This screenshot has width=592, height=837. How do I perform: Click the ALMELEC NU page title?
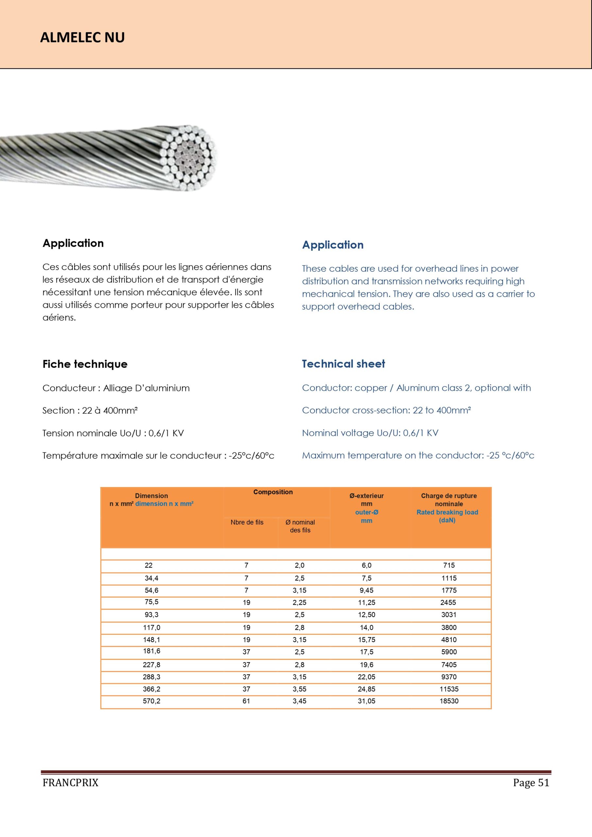[82, 38]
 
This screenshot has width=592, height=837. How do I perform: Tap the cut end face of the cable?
[189, 158]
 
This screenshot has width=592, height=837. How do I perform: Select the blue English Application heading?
[333, 245]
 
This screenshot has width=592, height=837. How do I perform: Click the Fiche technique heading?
[85, 364]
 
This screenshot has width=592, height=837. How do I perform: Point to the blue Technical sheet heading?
[343, 364]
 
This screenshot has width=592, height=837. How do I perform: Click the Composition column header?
[273, 492]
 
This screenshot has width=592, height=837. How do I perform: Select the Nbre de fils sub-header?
[247, 522]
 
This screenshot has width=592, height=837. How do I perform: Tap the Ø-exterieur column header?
[367, 496]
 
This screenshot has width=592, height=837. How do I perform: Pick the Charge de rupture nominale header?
[449, 500]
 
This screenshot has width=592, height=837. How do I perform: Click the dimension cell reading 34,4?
[151, 578]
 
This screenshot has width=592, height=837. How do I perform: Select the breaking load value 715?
[449, 565]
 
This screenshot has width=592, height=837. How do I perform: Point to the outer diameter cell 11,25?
[367, 603]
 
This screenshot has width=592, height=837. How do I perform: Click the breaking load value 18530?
[449, 701]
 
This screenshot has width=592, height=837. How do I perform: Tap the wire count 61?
[247, 701]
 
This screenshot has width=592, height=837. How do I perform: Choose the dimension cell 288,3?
[151, 677]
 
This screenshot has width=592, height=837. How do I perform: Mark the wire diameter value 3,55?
[300, 689]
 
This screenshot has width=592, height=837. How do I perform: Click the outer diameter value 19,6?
[367, 665]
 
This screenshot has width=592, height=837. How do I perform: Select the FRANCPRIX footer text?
[70, 783]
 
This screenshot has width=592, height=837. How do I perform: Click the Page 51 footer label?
[531, 783]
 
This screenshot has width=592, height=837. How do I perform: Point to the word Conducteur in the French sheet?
[69, 388]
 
